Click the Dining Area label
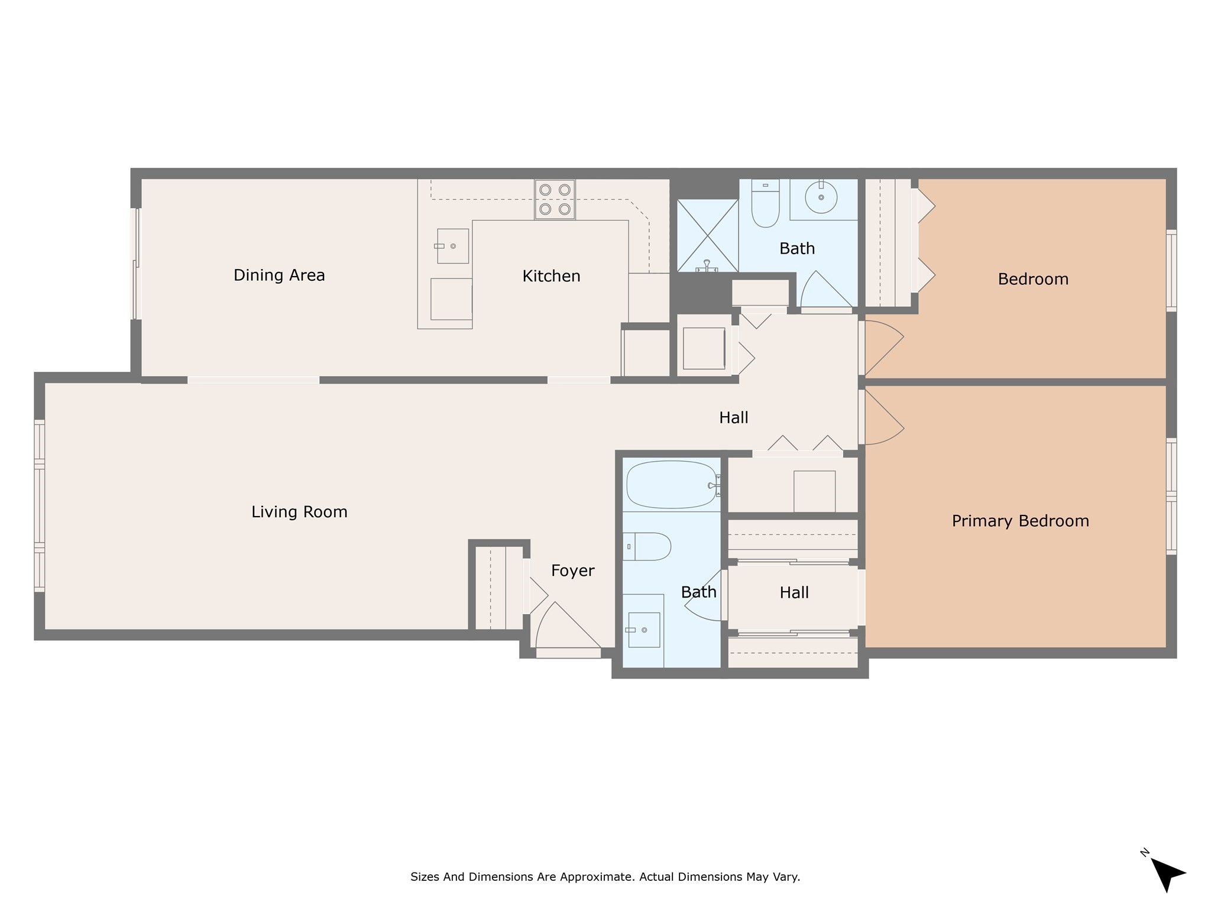[x=279, y=275]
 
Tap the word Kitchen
[x=551, y=276]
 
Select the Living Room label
[x=299, y=512]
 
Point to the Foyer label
[x=572, y=570]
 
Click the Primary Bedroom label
[x=1020, y=521]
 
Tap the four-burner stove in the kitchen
[x=555, y=199]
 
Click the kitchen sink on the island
[x=452, y=246]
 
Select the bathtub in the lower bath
[x=671, y=485]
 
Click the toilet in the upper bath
[x=765, y=204]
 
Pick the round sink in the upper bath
[x=821, y=197]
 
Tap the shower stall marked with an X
[x=707, y=235]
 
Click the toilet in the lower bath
[x=647, y=547]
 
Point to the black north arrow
[x=1167, y=874]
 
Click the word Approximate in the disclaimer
[x=598, y=877]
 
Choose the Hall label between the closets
[x=794, y=593]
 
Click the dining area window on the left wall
[x=135, y=264]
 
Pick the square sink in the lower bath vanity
[x=644, y=630]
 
